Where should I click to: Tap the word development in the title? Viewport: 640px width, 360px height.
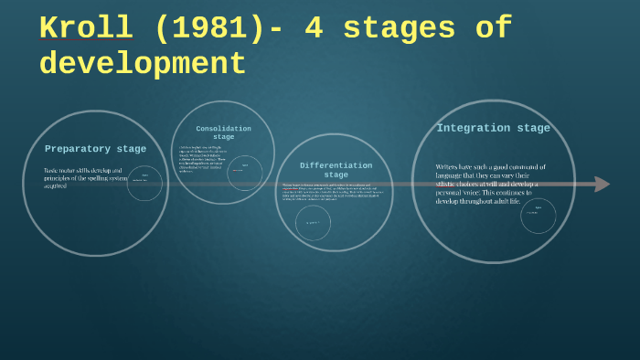[x=143, y=64]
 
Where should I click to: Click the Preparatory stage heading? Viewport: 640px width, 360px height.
[x=95, y=149]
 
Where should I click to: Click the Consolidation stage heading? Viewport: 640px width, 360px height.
[x=223, y=132]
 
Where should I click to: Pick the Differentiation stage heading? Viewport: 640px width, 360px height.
[x=336, y=169]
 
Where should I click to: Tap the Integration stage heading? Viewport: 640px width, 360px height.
[x=493, y=128]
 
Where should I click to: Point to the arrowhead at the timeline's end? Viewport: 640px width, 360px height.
[x=602, y=184]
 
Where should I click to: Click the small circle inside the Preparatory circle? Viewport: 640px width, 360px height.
[x=144, y=183]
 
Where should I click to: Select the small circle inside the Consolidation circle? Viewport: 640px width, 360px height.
[x=244, y=168]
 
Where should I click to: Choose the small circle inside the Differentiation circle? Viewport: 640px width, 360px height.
[x=314, y=222]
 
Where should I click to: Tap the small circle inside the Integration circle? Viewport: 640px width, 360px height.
[x=539, y=215]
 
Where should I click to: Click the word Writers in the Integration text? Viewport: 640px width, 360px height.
[x=452, y=167]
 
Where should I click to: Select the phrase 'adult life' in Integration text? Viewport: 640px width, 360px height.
[x=502, y=201]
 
